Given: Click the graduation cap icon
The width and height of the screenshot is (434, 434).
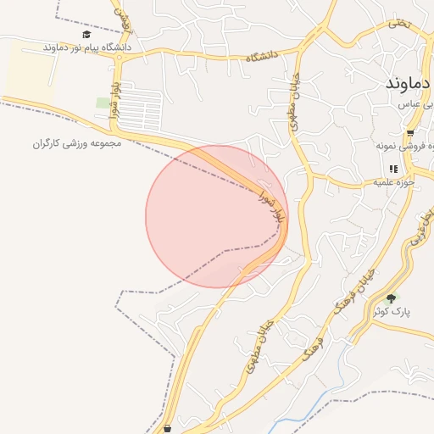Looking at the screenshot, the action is tap(86, 35).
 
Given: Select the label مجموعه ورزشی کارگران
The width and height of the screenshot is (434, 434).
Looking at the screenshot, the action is tap(77, 143).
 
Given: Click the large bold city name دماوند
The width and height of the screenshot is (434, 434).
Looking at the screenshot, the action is tap(409, 84).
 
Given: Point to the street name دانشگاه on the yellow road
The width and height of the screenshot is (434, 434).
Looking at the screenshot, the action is tap(262, 57).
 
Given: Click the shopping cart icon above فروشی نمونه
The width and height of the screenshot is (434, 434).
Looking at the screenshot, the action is tap(410, 133).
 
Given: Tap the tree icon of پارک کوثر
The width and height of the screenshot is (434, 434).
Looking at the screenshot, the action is tap(391, 298).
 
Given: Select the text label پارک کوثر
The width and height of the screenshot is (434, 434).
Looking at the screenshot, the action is tap(395, 311).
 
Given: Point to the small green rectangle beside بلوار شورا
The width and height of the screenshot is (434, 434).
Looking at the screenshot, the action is tap(103, 103).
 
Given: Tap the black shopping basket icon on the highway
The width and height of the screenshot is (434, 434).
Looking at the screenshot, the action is tap(168, 428).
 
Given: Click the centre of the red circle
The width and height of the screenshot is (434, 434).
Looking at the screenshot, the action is tap(217, 216).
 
